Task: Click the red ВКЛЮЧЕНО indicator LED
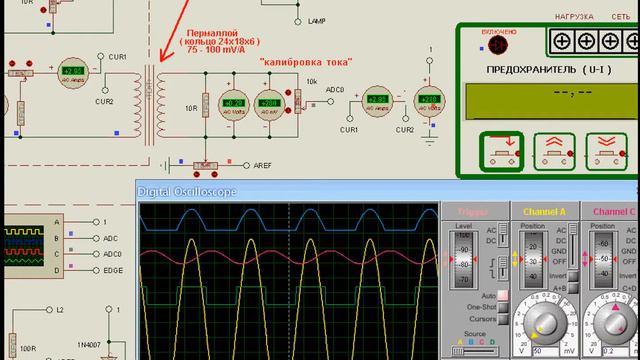point(498,44)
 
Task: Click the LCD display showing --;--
point(551,101)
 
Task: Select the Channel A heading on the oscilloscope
point(545,212)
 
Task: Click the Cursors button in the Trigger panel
point(481,319)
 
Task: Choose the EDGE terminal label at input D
point(113,270)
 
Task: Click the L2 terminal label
point(60,310)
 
